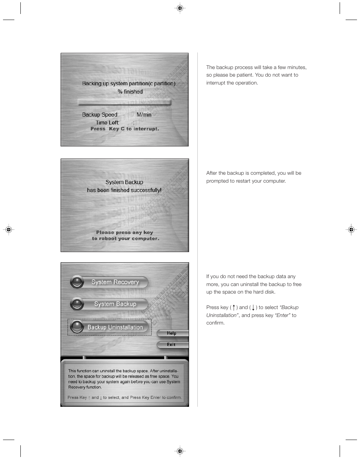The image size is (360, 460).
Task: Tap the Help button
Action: point(172,333)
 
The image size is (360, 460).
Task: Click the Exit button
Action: point(172,345)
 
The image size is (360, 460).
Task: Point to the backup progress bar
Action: point(124,102)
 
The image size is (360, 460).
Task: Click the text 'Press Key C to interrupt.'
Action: point(125,129)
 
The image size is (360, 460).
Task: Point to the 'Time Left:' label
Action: point(107,123)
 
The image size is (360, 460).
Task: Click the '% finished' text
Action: point(130,92)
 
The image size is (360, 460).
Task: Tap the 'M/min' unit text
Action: point(144,115)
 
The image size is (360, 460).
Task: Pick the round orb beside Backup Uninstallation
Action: point(77,327)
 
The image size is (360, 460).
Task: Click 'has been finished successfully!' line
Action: point(124,190)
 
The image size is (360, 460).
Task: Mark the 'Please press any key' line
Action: point(125,232)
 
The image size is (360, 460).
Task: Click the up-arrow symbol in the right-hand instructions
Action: point(234,308)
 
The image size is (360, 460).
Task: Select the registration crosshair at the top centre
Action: point(180,8)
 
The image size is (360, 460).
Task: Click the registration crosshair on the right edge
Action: point(351,229)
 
